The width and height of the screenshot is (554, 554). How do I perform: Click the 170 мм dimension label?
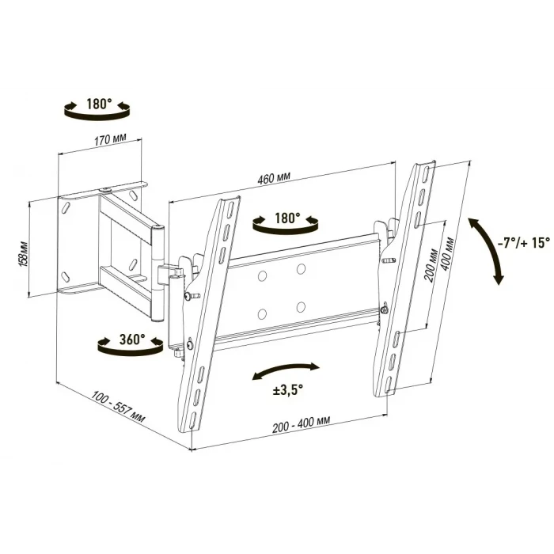point(110,139)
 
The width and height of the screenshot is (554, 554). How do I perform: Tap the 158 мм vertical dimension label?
point(25,254)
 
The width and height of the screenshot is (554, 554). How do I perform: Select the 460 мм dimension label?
point(274,178)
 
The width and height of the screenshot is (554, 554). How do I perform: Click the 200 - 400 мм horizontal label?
point(301,424)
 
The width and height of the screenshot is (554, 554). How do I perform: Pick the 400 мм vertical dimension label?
point(448,254)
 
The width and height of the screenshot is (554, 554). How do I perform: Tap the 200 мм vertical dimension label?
point(431,265)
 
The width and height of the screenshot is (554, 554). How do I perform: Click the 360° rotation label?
point(132,340)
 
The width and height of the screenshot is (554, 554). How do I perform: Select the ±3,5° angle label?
point(287,391)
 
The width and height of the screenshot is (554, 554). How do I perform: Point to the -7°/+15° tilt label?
point(523,243)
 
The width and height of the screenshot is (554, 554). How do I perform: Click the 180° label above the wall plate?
point(99,104)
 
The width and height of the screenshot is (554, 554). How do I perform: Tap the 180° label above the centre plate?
point(287,218)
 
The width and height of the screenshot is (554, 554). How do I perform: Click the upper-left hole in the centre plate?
point(262,276)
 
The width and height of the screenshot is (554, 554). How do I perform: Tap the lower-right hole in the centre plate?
point(301,307)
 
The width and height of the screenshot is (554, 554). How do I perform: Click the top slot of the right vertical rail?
point(427,173)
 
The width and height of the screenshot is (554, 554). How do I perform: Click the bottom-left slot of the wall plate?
point(66,277)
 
